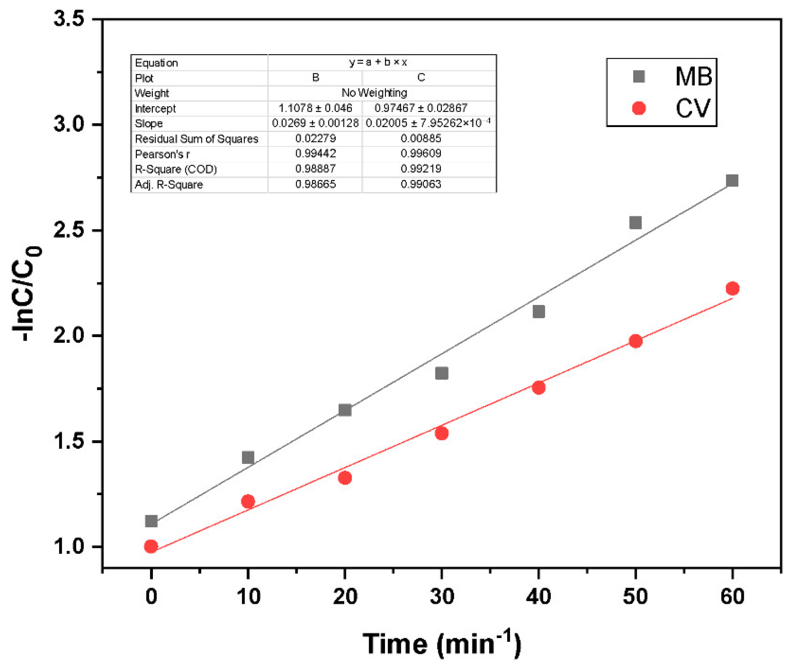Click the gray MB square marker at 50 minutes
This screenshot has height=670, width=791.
635,223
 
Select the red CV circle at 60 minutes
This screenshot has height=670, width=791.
732,289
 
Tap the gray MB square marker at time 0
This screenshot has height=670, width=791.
151,521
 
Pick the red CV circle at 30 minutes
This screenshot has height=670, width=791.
442,433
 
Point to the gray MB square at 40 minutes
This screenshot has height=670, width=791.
538,312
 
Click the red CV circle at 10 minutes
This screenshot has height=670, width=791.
248,501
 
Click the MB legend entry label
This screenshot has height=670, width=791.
693,77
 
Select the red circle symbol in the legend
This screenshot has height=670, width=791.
639,108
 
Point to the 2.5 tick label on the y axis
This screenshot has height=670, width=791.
69,230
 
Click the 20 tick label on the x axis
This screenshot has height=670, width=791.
345,596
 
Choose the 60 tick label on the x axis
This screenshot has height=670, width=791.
732,596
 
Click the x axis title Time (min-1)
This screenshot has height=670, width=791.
442,644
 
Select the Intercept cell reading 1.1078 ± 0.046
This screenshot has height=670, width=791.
315,108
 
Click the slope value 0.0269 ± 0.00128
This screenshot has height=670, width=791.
315,124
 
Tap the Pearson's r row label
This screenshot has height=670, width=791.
162,154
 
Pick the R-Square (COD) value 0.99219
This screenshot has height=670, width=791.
421,169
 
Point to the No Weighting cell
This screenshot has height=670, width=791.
374,93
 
